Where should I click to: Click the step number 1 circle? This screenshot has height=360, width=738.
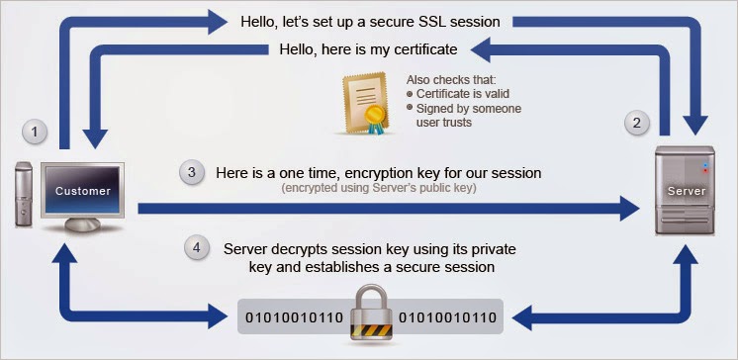[37, 133]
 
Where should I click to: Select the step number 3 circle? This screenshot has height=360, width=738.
[192, 172]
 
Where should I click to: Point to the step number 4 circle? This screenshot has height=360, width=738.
[199, 249]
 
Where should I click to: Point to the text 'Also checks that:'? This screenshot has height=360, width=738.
[452, 79]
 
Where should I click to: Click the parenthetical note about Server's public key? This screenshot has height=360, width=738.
[379, 188]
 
